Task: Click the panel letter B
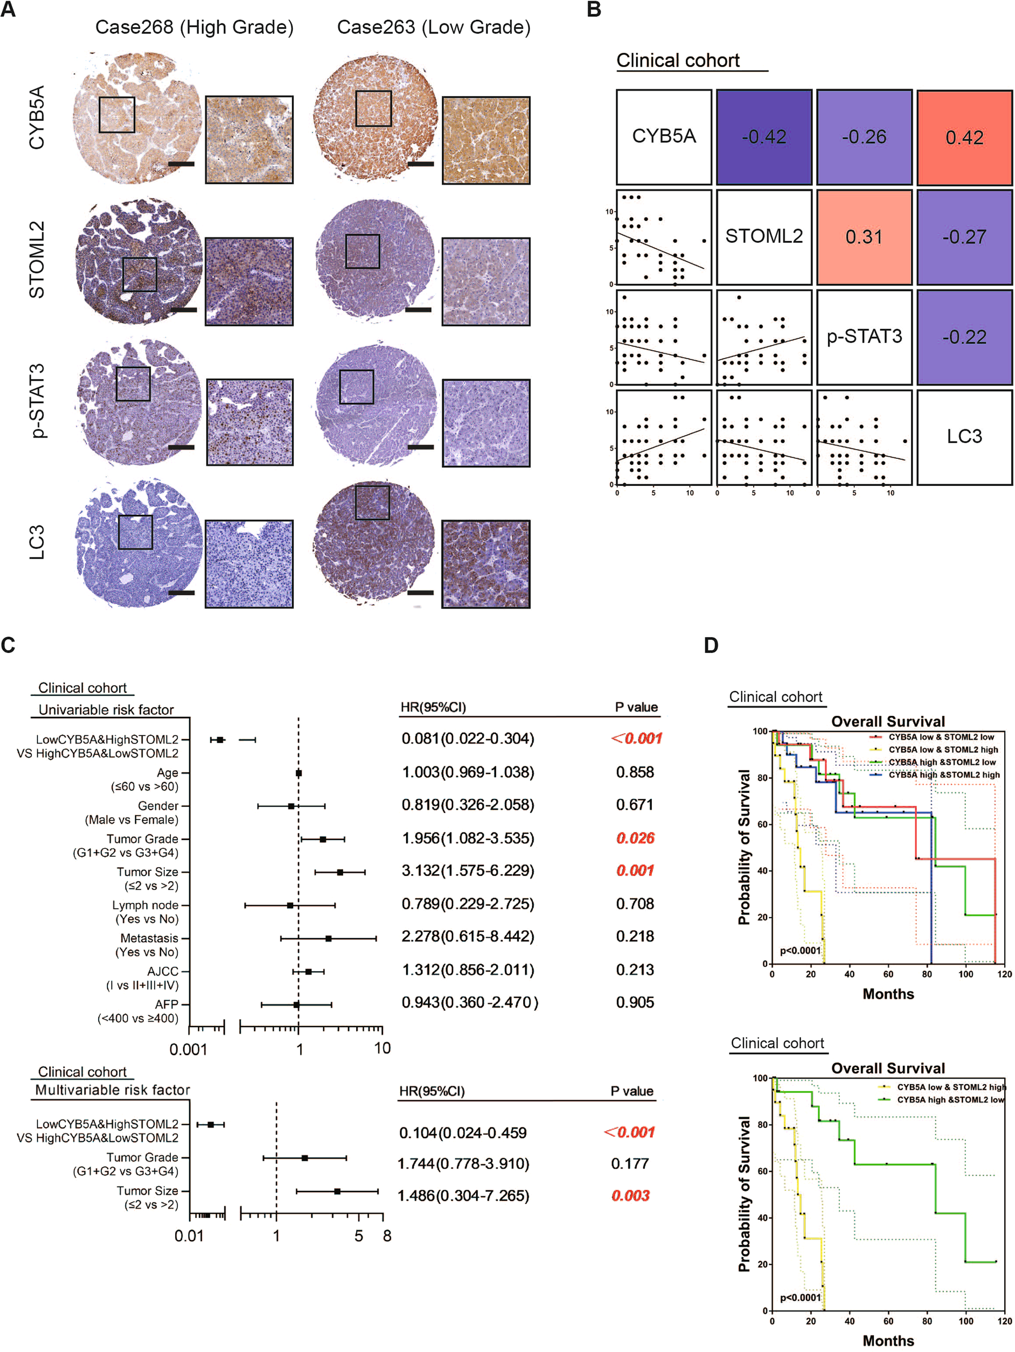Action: [593, 10]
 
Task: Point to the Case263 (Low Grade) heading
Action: [433, 28]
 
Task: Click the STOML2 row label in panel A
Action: [37, 260]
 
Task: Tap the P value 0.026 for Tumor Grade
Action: [635, 838]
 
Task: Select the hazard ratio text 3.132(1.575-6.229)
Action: [467, 870]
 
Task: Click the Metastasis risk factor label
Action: [149, 938]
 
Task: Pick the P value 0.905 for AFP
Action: [634, 1002]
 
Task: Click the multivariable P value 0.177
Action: [629, 1164]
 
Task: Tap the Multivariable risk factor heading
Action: [112, 1090]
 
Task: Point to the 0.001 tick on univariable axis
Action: [188, 1049]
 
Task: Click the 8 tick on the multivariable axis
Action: [387, 1236]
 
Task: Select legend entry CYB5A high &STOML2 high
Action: [943, 774]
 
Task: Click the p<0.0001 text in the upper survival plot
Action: [800, 951]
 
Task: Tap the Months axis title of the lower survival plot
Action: [888, 1341]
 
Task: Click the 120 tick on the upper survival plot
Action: [1004, 974]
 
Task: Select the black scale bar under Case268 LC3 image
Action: [181, 593]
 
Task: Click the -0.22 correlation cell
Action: [963, 337]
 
